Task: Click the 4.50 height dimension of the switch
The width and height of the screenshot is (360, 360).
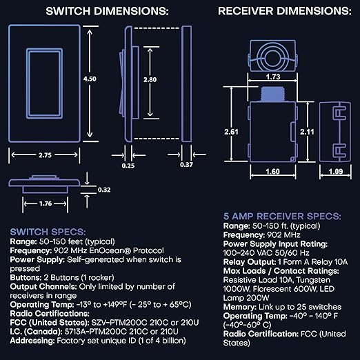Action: pos(90,79)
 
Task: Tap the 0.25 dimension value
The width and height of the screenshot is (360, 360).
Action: pos(128,165)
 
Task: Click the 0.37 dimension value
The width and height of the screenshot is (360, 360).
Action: pos(186,165)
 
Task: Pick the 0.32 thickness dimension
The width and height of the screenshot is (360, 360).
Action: pos(104,190)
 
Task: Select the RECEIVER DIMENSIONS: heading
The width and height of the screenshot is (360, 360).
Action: pos(284,12)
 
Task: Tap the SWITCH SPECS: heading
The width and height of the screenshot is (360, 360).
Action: pos(47,231)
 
